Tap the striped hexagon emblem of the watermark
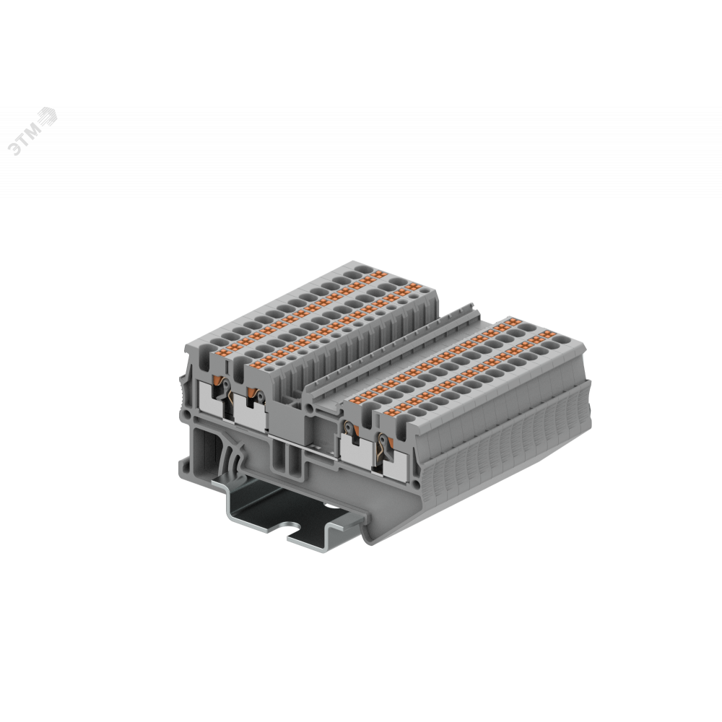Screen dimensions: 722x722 click(x=48, y=117)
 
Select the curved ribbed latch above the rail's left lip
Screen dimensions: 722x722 click(x=232, y=461)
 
